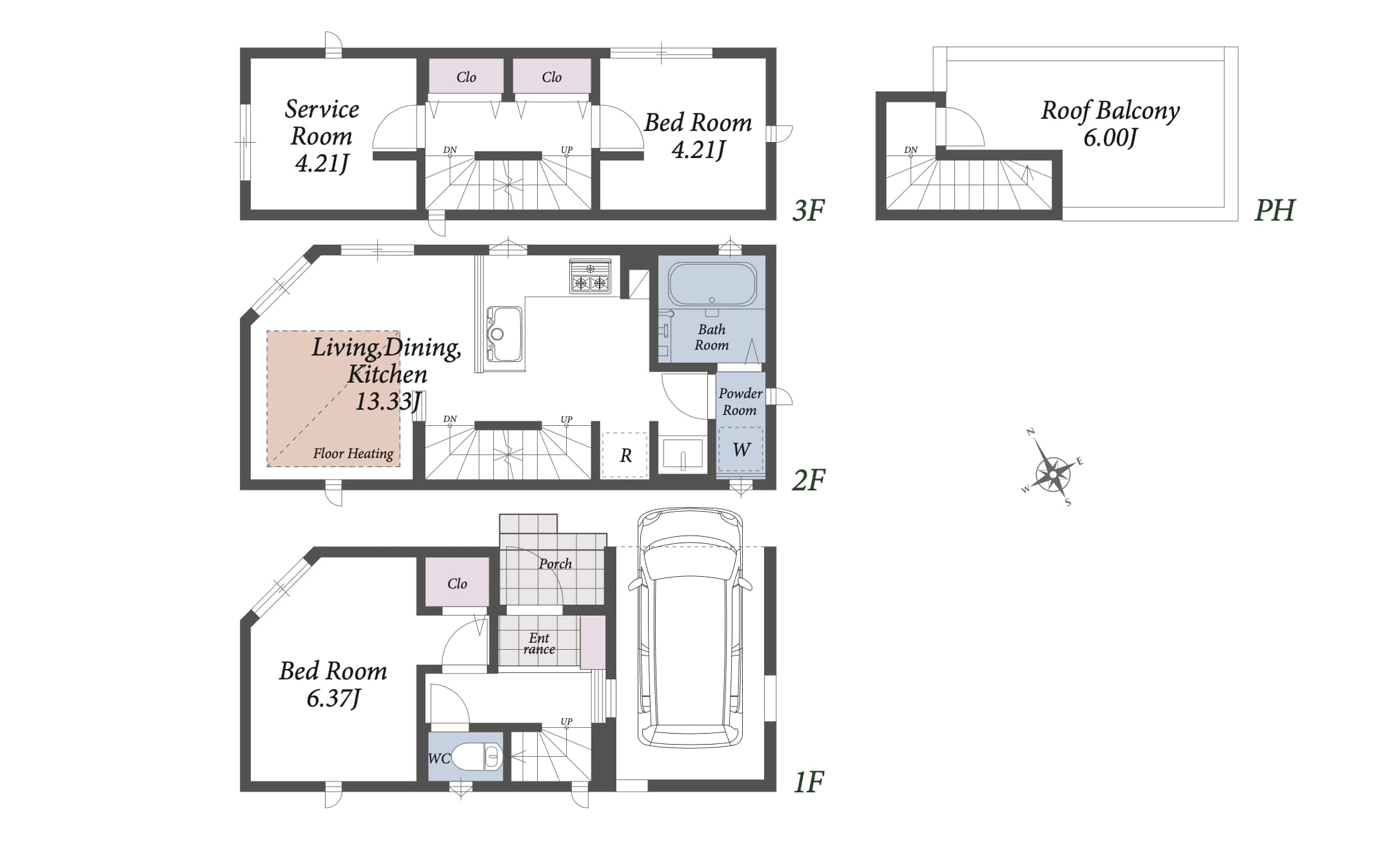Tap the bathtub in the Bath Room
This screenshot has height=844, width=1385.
712,284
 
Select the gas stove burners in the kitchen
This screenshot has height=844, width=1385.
590,277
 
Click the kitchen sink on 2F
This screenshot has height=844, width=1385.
504,334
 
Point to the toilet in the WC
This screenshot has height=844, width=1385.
478,757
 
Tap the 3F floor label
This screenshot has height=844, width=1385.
808,210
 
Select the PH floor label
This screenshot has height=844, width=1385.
1274,210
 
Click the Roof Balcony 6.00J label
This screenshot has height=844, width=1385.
1110,123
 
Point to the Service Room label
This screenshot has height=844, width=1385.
322,123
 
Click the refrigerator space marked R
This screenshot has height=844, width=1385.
625,456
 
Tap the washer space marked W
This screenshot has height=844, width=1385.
741,450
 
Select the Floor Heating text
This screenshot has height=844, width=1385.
353,454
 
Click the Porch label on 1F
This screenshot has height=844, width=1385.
555,563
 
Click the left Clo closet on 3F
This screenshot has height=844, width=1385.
466,77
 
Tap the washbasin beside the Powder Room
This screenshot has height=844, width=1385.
683,454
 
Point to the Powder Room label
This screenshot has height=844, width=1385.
740,401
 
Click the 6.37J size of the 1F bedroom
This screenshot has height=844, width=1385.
333,699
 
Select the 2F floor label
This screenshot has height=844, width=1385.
808,480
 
